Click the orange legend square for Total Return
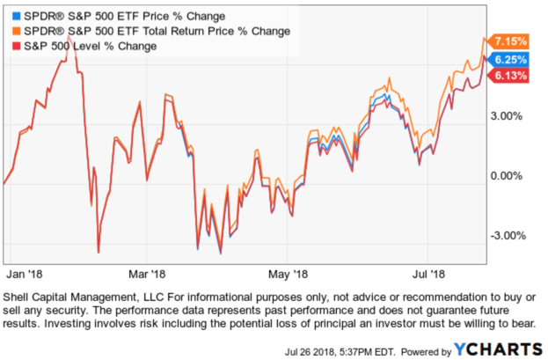point(10,32)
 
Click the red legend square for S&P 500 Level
point(10,46)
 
